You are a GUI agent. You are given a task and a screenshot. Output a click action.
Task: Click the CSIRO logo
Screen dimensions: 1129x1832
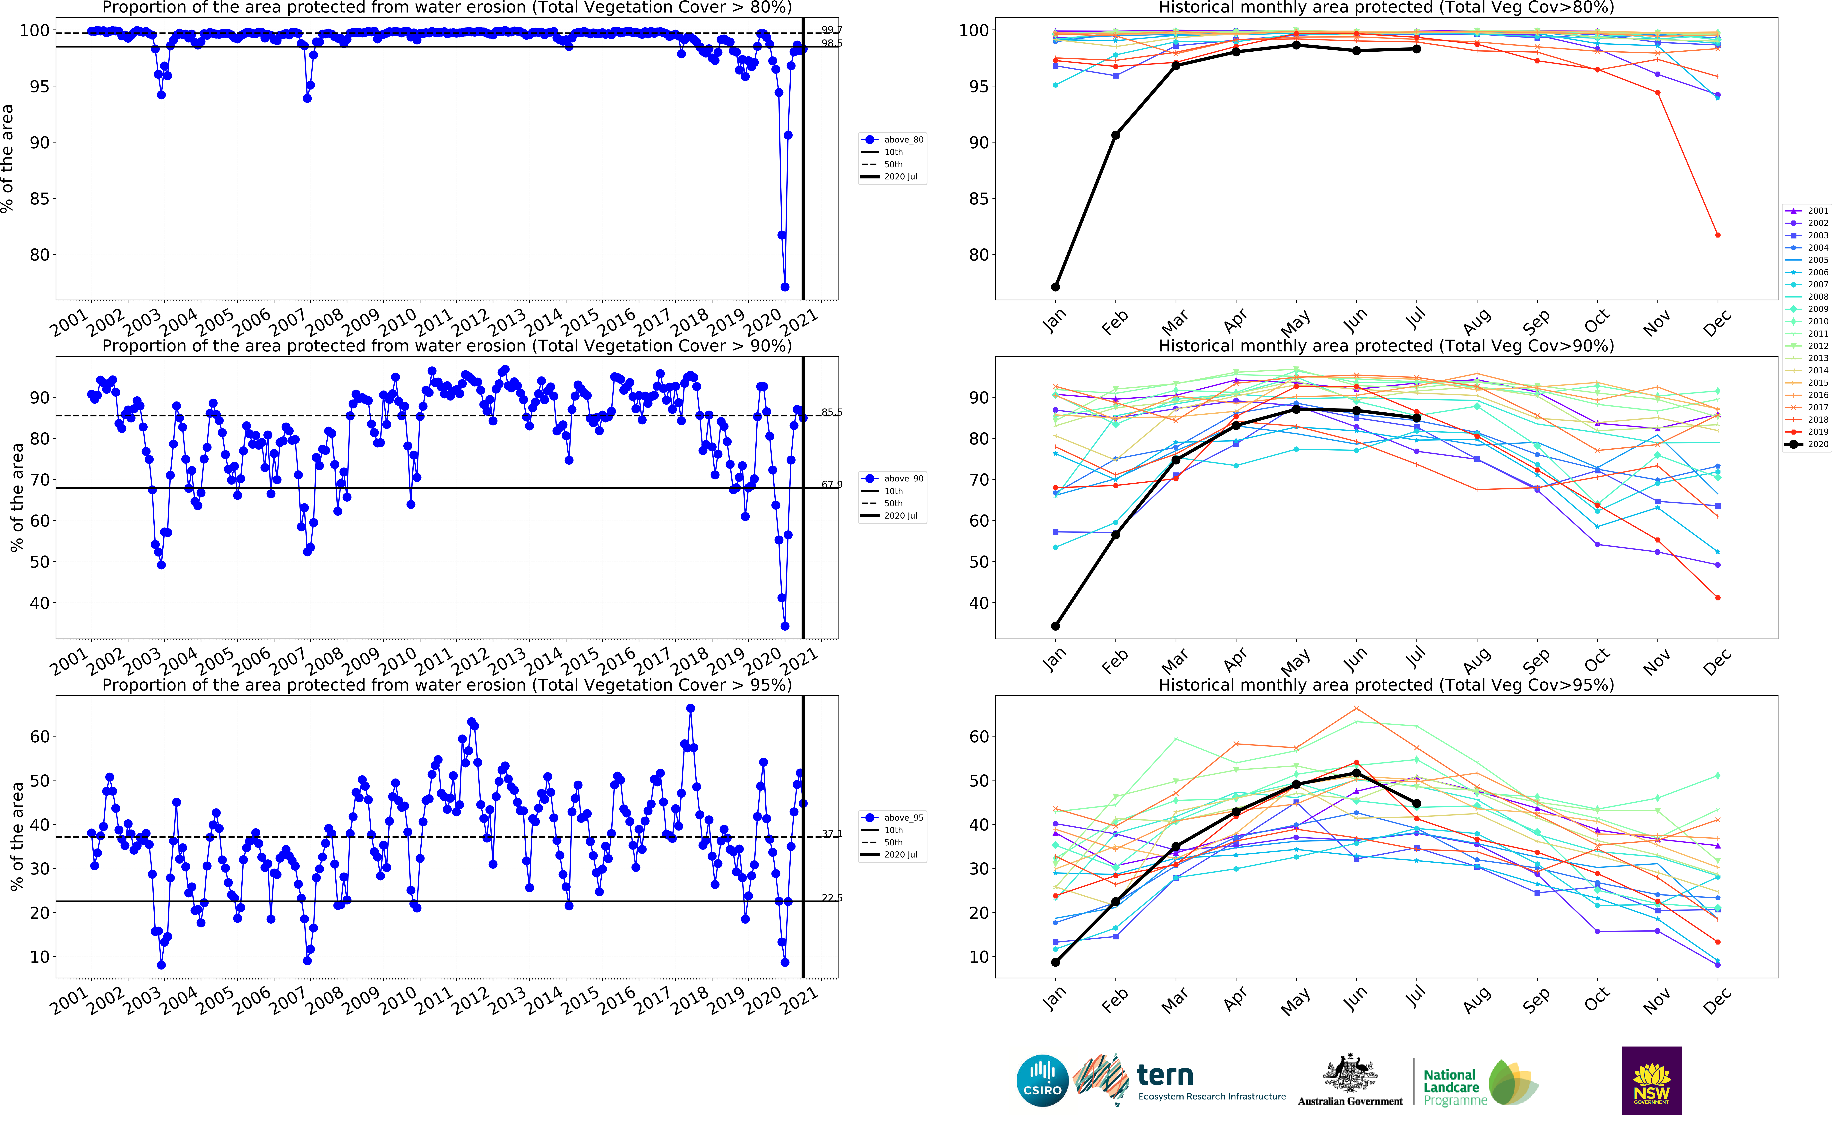(1042, 1081)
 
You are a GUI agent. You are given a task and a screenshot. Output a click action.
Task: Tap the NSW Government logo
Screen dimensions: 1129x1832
(1651, 1081)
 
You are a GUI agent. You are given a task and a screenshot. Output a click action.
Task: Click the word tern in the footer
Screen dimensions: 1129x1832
(1165, 1075)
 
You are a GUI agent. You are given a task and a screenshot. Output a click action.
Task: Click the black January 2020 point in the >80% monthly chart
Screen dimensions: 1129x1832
(1055, 287)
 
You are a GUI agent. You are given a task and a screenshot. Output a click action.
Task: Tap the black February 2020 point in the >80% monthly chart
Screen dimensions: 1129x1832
(1115, 135)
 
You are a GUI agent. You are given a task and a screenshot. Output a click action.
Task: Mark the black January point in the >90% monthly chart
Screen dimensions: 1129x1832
(1055, 626)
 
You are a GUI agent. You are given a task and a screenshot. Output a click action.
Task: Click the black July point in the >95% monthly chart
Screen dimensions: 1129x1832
(1416, 803)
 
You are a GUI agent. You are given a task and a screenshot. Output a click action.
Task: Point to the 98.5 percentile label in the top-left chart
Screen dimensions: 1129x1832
(832, 43)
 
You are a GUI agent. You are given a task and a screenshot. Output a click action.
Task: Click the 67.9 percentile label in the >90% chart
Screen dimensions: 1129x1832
(832, 485)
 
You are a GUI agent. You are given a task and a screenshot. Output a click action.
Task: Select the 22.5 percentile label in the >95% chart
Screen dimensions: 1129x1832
(832, 898)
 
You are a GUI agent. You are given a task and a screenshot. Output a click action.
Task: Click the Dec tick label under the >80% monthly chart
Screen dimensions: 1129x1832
(1717, 323)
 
